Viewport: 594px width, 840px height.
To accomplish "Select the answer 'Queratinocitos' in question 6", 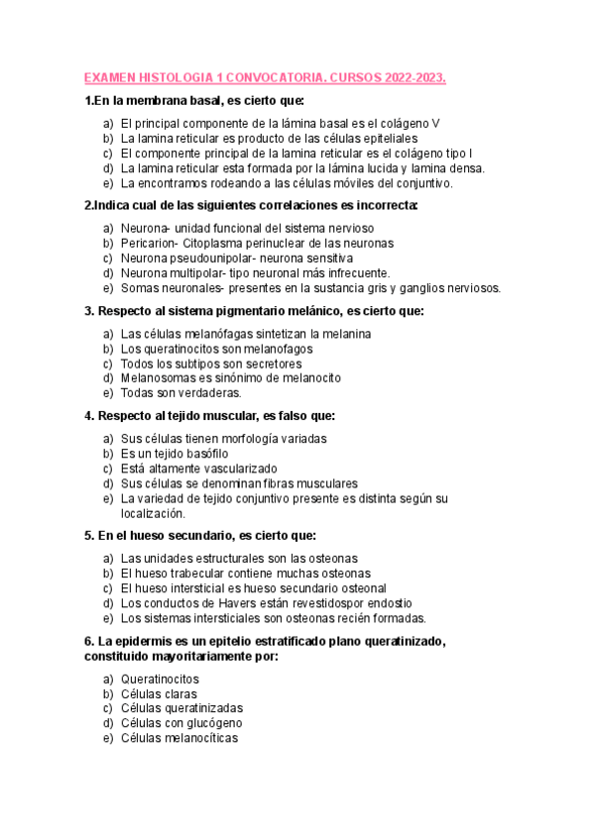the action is pyautogui.click(x=160, y=680).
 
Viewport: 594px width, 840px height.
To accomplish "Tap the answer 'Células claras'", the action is pyautogui.click(x=159, y=694).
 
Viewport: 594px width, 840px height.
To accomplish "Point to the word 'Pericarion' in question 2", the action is pyautogui.click(x=148, y=243).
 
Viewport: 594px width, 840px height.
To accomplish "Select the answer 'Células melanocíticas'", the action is pyautogui.click(x=179, y=738).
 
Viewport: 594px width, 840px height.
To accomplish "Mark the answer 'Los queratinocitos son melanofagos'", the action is pyautogui.click(x=216, y=349).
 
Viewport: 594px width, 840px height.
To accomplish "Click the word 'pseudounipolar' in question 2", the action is pyautogui.click(x=212, y=258).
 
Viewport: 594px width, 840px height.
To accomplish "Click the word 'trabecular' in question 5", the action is pyautogui.click(x=208, y=573).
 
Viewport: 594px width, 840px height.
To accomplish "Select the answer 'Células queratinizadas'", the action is pyautogui.click(x=181, y=708).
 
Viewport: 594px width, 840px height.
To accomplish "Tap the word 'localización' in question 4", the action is pyautogui.click(x=153, y=513).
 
